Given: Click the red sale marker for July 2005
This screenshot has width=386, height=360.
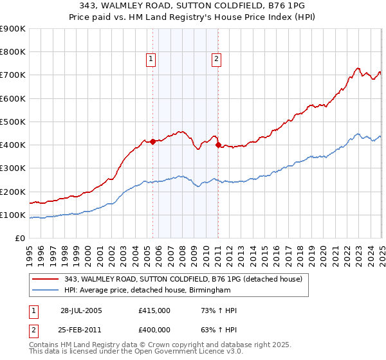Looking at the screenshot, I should (x=153, y=142).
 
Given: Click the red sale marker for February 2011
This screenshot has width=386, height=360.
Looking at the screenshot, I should (x=218, y=145).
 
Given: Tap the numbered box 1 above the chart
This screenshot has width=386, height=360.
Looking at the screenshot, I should (x=151, y=60).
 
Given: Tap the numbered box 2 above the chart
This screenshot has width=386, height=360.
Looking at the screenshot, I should (x=216, y=60).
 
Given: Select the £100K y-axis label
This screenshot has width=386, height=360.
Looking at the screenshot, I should (x=13, y=215).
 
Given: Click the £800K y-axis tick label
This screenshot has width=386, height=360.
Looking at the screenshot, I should (x=13, y=51).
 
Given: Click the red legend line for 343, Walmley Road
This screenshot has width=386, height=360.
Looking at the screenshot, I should (x=46, y=278).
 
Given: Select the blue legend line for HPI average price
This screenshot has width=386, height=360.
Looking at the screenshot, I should (x=46, y=290).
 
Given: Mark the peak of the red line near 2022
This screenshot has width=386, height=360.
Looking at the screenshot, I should (x=358, y=67).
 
